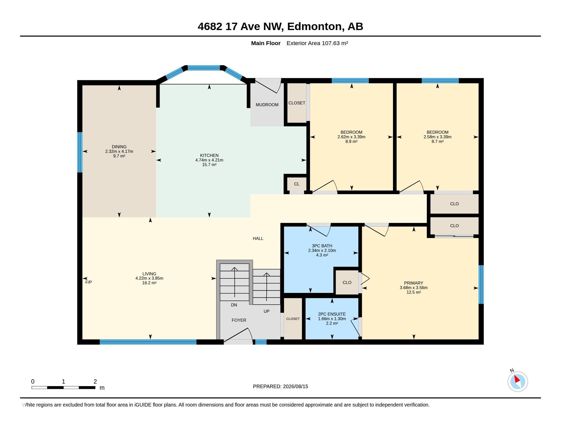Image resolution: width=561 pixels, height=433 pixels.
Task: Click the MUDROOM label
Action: [267, 105]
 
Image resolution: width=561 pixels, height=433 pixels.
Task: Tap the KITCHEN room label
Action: [209, 155]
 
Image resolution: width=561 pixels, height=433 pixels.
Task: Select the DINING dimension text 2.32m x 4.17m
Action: [119, 151]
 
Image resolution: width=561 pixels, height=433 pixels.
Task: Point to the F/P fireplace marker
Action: [88, 282]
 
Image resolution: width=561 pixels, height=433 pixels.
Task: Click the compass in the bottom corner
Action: [518, 382]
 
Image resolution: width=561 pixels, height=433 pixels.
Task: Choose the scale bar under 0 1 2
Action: [63, 388]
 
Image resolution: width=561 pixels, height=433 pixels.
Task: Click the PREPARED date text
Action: [280, 386]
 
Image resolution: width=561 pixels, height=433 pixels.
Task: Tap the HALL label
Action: [258, 239]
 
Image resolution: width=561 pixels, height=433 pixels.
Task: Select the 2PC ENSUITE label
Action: [332, 314]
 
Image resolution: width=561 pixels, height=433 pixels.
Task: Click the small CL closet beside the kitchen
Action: [297, 184]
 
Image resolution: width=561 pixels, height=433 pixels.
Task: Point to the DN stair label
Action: [234, 305]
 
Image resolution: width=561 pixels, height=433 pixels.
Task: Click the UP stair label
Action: [266, 312]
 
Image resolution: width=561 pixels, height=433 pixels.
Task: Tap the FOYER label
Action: [239, 320]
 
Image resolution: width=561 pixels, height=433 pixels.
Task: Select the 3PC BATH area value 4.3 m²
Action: [322, 255]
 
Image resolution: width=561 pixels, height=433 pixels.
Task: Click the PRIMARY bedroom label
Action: [414, 283]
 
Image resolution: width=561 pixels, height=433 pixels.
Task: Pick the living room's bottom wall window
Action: [148, 342]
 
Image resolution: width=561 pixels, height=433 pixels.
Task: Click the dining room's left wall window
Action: [80, 152]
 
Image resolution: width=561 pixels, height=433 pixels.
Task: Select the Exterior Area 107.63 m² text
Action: [317, 43]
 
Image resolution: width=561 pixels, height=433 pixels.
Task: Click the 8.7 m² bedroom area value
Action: [437, 141]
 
